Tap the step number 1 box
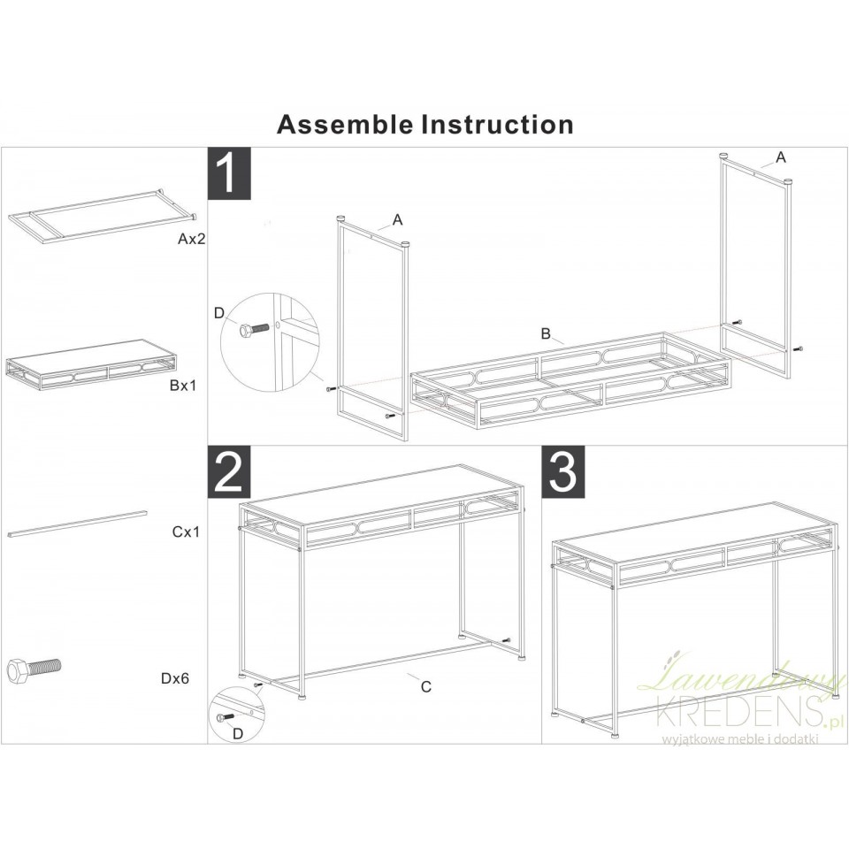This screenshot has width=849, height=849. (x=230, y=173)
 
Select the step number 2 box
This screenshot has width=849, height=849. (x=230, y=471)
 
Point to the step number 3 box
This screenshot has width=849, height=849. (x=563, y=471)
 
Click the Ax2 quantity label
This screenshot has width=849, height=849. (x=192, y=239)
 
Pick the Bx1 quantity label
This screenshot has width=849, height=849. (x=184, y=386)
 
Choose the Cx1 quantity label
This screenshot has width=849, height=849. (x=187, y=532)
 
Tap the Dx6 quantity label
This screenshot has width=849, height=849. (x=175, y=678)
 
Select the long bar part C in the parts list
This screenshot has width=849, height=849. (x=77, y=523)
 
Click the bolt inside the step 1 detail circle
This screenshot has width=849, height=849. (x=254, y=329)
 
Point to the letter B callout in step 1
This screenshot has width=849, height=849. (x=546, y=333)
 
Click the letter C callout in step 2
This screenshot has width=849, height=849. (x=426, y=686)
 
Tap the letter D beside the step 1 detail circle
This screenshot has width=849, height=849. (x=218, y=313)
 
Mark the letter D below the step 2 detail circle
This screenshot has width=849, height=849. (x=238, y=734)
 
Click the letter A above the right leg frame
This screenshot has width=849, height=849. (x=780, y=157)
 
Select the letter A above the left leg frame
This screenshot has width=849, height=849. (x=397, y=220)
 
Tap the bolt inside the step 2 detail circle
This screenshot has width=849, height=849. (x=226, y=717)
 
